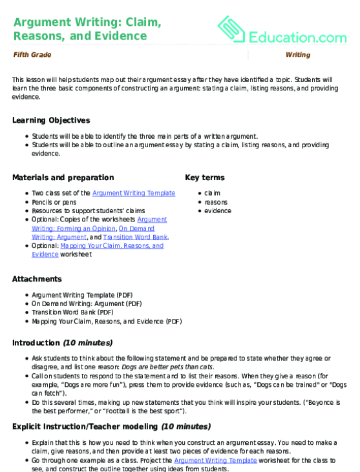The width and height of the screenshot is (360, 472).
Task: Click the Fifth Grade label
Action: pos(32,55)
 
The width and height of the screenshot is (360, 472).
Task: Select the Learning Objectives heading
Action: pos(51,121)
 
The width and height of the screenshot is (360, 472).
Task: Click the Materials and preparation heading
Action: pos(63,178)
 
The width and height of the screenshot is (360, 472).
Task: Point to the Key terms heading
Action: pos(205,178)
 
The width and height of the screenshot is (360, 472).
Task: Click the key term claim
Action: pos(212,193)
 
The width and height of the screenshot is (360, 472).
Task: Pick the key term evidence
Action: pos(217,210)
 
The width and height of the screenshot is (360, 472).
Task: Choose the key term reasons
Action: pos(216,201)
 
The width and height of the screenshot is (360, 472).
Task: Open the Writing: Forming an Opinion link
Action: pos(74,228)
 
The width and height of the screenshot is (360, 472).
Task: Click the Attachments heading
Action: pos(37,279)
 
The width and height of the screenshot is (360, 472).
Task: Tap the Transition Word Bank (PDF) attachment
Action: pos(74,312)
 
